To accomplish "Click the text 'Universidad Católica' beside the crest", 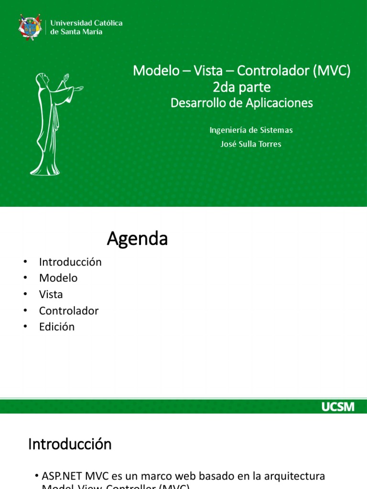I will tap(86, 23).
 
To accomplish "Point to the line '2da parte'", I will tap(242, 87).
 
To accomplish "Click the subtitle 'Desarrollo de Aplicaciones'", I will tap(242, 103).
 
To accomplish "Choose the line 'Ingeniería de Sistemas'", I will tap(251, 130).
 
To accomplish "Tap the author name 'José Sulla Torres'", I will tap(251, 144).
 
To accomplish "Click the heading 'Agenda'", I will tap(137, 239).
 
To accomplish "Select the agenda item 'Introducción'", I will tap(70, 262).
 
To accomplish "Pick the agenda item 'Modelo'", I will tap(58, 278).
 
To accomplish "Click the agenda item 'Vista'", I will tap(51, 294).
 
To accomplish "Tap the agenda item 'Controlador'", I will tap(69, 310).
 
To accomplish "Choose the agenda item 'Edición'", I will tap(57, 327).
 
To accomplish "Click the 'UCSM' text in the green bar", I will tap(337, 407).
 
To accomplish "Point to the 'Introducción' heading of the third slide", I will tap(70, 445).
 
